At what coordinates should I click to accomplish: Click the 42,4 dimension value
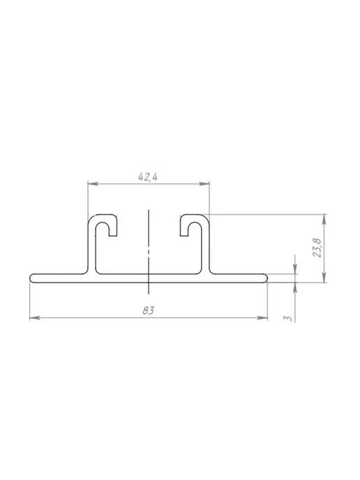148,177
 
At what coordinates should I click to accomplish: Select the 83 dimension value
148,310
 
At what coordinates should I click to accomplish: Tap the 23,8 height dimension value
317,248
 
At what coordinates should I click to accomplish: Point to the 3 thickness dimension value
287,318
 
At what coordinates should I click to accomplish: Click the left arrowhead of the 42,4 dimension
93,183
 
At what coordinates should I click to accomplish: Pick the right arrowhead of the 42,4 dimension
204,183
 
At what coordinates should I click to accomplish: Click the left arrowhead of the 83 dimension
35,318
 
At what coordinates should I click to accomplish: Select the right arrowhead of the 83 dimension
262,318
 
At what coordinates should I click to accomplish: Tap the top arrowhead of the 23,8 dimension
324,220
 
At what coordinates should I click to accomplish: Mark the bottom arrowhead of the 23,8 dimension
324,278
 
